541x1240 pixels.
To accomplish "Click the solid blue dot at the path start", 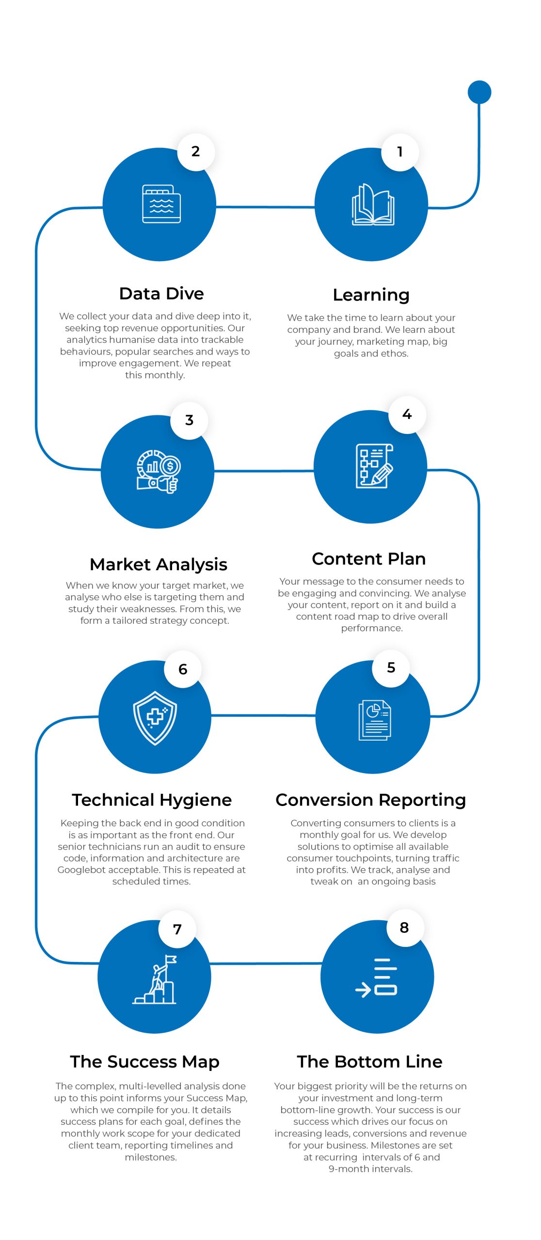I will (479, 92).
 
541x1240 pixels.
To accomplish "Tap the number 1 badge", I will (400, 152).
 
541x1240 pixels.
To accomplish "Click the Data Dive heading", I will (161, 294).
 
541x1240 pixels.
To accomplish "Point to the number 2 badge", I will (196, 152).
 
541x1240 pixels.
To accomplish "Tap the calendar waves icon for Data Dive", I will (161, 204).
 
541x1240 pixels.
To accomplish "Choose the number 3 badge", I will (189, 420).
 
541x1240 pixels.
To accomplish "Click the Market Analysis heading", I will (159, 564).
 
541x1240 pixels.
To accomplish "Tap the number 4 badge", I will (407, 415).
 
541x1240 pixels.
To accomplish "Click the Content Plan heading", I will (368, 559).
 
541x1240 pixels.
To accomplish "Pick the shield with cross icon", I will (155, 718).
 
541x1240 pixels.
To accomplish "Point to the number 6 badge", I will (183, 669).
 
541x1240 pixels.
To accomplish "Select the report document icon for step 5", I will (374, 720).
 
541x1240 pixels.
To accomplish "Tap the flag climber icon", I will (155, 979).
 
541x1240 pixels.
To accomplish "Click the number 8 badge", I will (404, 928).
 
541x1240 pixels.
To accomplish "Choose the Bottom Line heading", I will (369, 1061).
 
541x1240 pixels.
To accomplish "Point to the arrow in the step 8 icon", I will (363, 990).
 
